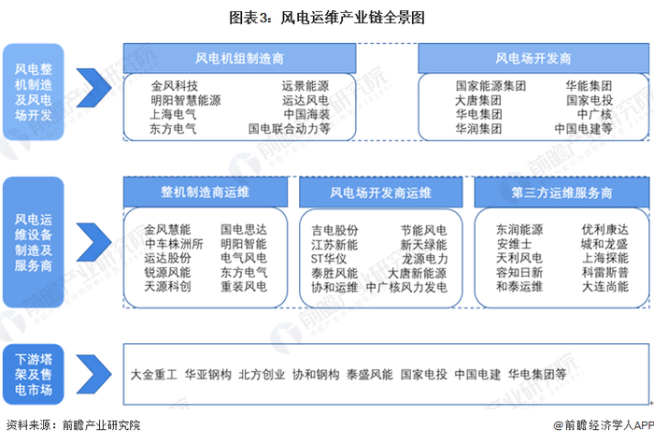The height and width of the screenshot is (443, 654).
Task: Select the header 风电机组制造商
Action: tap(239, 58)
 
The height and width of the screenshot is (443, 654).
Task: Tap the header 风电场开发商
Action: tap(533, 58)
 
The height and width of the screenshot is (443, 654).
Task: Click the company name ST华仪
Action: tap(330, 258)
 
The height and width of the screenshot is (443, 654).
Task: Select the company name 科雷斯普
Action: tap(604, 272)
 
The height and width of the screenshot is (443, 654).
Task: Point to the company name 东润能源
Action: tap(519, 229)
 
